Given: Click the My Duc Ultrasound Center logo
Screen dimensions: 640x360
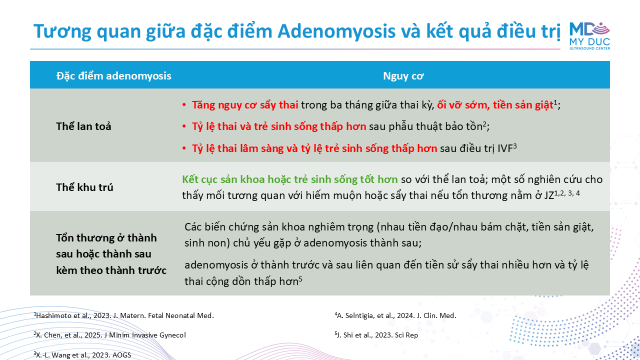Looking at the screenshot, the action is point(589,35).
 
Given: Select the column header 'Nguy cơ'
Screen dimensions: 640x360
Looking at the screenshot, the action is point(403,75).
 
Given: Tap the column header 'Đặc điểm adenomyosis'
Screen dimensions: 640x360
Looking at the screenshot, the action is point(113,75).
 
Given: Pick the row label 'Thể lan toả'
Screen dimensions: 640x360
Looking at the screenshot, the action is point(83,126).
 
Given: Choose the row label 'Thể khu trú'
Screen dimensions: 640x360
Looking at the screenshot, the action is point(84,187).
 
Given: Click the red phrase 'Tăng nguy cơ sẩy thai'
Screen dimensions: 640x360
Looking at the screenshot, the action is point(245,105).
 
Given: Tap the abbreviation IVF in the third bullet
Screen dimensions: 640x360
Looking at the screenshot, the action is point(505,148).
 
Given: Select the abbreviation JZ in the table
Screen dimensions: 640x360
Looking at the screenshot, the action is point(548,195).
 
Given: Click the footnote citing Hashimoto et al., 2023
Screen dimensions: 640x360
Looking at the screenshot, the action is point(123,315).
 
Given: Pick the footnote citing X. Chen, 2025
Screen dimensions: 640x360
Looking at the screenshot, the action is point(109,335).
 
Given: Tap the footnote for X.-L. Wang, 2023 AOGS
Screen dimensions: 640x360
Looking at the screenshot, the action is point(82,355).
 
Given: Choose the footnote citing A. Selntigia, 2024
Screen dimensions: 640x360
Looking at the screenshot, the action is point(395,315).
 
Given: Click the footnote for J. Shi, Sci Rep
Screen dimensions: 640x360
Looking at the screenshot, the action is point(376,335).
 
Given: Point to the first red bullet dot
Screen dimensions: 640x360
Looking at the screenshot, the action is point(184,105).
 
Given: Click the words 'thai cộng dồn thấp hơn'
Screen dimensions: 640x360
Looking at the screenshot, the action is point(241,281).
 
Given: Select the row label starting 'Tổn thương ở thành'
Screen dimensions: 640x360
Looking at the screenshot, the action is point(111,254).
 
